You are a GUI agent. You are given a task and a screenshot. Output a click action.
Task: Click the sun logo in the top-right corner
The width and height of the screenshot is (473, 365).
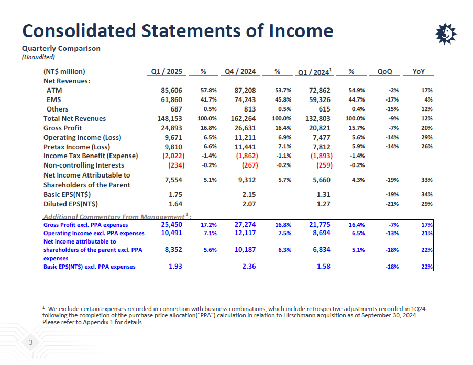point(446,34)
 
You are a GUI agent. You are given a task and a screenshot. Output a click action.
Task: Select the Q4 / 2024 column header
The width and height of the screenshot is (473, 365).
point(240,72)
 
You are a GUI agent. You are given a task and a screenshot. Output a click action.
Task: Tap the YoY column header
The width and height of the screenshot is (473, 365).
point(419,72)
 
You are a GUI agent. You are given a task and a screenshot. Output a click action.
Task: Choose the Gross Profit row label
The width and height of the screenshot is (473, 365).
point(62,128)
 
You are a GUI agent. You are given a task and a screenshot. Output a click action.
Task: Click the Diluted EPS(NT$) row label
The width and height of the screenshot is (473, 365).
point(71,204)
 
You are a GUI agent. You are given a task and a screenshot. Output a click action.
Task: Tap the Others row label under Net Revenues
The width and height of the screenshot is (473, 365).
point(57,109)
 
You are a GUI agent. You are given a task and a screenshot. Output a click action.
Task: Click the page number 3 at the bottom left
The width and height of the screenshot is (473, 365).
point(31,343)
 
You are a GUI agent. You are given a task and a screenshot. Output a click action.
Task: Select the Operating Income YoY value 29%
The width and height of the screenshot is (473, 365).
point(427,138)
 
